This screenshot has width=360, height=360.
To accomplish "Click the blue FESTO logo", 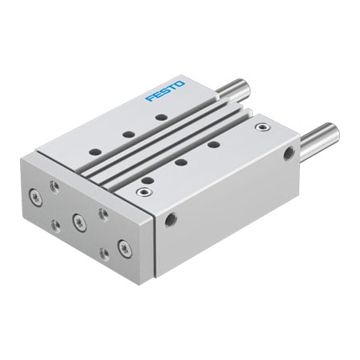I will tap(166, 90).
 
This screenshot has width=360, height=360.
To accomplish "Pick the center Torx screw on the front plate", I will tap(78, 219).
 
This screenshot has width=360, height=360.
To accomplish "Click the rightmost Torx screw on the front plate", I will tap(124, 248).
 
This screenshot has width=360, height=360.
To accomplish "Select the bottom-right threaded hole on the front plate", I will tap(104, 254).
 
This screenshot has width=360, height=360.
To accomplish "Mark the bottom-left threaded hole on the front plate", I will tap(55, 226).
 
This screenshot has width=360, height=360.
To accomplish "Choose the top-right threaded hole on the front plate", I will tap(102, 213).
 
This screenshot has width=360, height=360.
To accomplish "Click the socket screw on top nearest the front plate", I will tap(144, 191).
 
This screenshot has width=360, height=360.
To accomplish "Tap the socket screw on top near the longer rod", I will tap(260, 126).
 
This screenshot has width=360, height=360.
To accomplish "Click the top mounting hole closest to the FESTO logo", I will tap(161, 118).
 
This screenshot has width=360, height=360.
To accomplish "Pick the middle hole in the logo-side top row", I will tap(127, 134).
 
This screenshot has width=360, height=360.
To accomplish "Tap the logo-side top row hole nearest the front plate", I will tap(94, 150).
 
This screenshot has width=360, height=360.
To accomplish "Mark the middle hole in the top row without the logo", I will tap(181, 162).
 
